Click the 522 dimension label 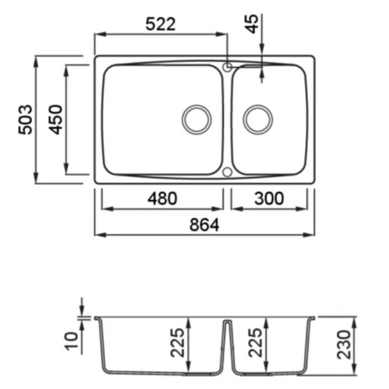[x=160, y=24]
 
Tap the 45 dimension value [x=251, y=24]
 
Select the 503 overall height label [x=25, y=120]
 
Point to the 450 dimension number [x=55, y=120]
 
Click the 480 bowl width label [x=162, y=198]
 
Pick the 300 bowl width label [x=269, y=198]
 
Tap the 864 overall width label [x=204, y=225]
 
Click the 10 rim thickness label [x=71, y=341]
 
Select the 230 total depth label [x=344, y=345]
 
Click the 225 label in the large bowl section [x=177, y=343]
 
